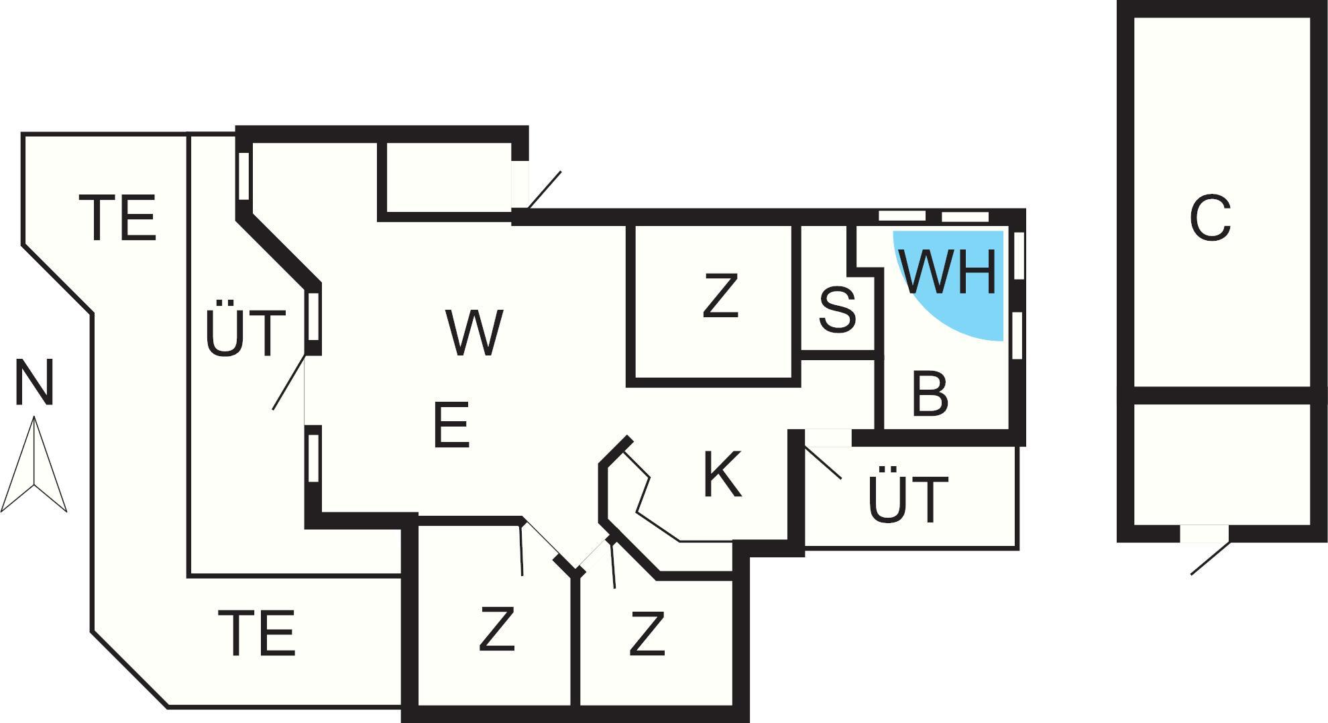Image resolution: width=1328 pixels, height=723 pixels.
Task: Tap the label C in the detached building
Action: [x=1210, y=219]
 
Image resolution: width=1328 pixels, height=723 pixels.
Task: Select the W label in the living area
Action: [x=474, y=333]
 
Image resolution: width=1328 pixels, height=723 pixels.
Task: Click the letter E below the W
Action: [x=451, y=425]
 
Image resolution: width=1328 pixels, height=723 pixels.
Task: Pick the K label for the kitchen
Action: [x=722, y=475]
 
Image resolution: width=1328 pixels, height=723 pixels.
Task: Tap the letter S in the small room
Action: [x=837, y=310]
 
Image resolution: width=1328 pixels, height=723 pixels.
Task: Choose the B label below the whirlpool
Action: [x=930, y=394]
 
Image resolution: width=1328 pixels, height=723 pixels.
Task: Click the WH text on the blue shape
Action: [x=948, y=272]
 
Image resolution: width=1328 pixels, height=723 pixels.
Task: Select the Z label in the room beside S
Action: [x=720, y=296]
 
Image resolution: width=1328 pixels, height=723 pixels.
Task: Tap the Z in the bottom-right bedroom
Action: [x=647, y=633]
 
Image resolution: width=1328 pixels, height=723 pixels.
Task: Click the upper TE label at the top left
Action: [x=118, y=217]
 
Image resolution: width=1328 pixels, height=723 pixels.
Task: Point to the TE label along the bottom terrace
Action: [x=257, y=633]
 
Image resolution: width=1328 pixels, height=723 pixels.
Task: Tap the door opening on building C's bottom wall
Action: [x=1205, y=534]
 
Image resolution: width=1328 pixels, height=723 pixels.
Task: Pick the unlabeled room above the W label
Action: [x=447, y=177]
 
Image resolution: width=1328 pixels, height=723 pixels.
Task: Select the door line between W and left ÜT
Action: [x=289, y=382]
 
